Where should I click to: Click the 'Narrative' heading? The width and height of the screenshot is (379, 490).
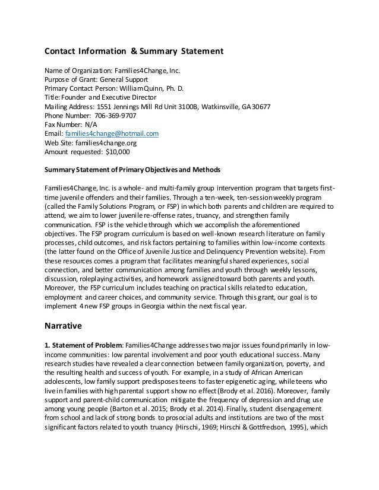tap(67, 325)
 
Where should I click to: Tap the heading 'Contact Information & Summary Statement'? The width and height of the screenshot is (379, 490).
tap(134, 52)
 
